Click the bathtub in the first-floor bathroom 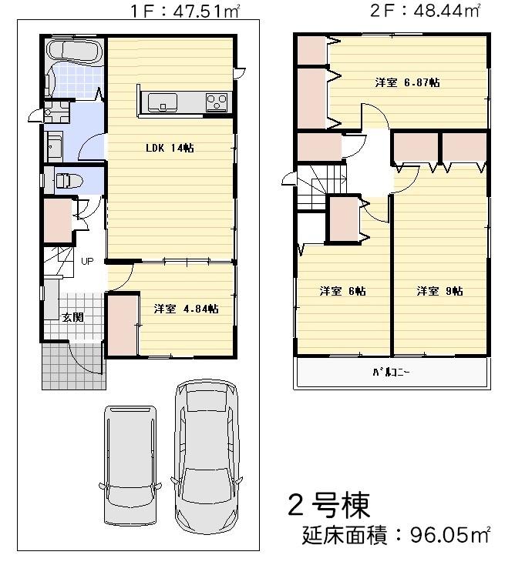73,52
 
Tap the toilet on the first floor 67,181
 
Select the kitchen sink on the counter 163,102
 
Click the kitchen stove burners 216,101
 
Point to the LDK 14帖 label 170,149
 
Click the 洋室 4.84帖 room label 186,309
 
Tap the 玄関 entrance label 72,317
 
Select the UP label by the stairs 87,262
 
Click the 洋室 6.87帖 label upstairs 407,82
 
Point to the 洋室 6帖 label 342,291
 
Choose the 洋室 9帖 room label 439,291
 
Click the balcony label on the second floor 391,373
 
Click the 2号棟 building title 328,505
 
